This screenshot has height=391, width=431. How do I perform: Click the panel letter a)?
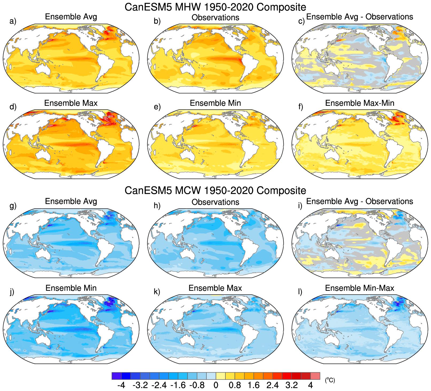coord(13,21)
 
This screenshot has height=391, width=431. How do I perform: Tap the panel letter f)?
coord(301,107)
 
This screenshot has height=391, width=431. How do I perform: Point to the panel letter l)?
coord(301,292)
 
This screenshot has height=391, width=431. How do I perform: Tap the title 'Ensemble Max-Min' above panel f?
coord(360,103)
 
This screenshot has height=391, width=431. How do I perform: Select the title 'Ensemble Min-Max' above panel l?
coord(360,288)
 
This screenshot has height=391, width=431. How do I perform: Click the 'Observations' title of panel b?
coord(215,18)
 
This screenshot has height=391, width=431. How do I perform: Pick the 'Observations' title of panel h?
coord(215,202)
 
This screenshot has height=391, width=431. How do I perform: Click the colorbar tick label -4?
coord(121,385)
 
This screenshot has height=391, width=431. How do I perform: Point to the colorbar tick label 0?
coord(216,385)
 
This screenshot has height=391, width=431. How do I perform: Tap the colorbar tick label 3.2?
coord(291,385)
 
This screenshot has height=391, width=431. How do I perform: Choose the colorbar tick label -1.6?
coord(178,385)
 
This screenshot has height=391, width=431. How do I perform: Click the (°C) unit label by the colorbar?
coord(330,380)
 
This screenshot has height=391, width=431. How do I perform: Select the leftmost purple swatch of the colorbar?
coord(117,376)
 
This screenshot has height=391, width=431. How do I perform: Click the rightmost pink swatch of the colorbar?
coord(315,376)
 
